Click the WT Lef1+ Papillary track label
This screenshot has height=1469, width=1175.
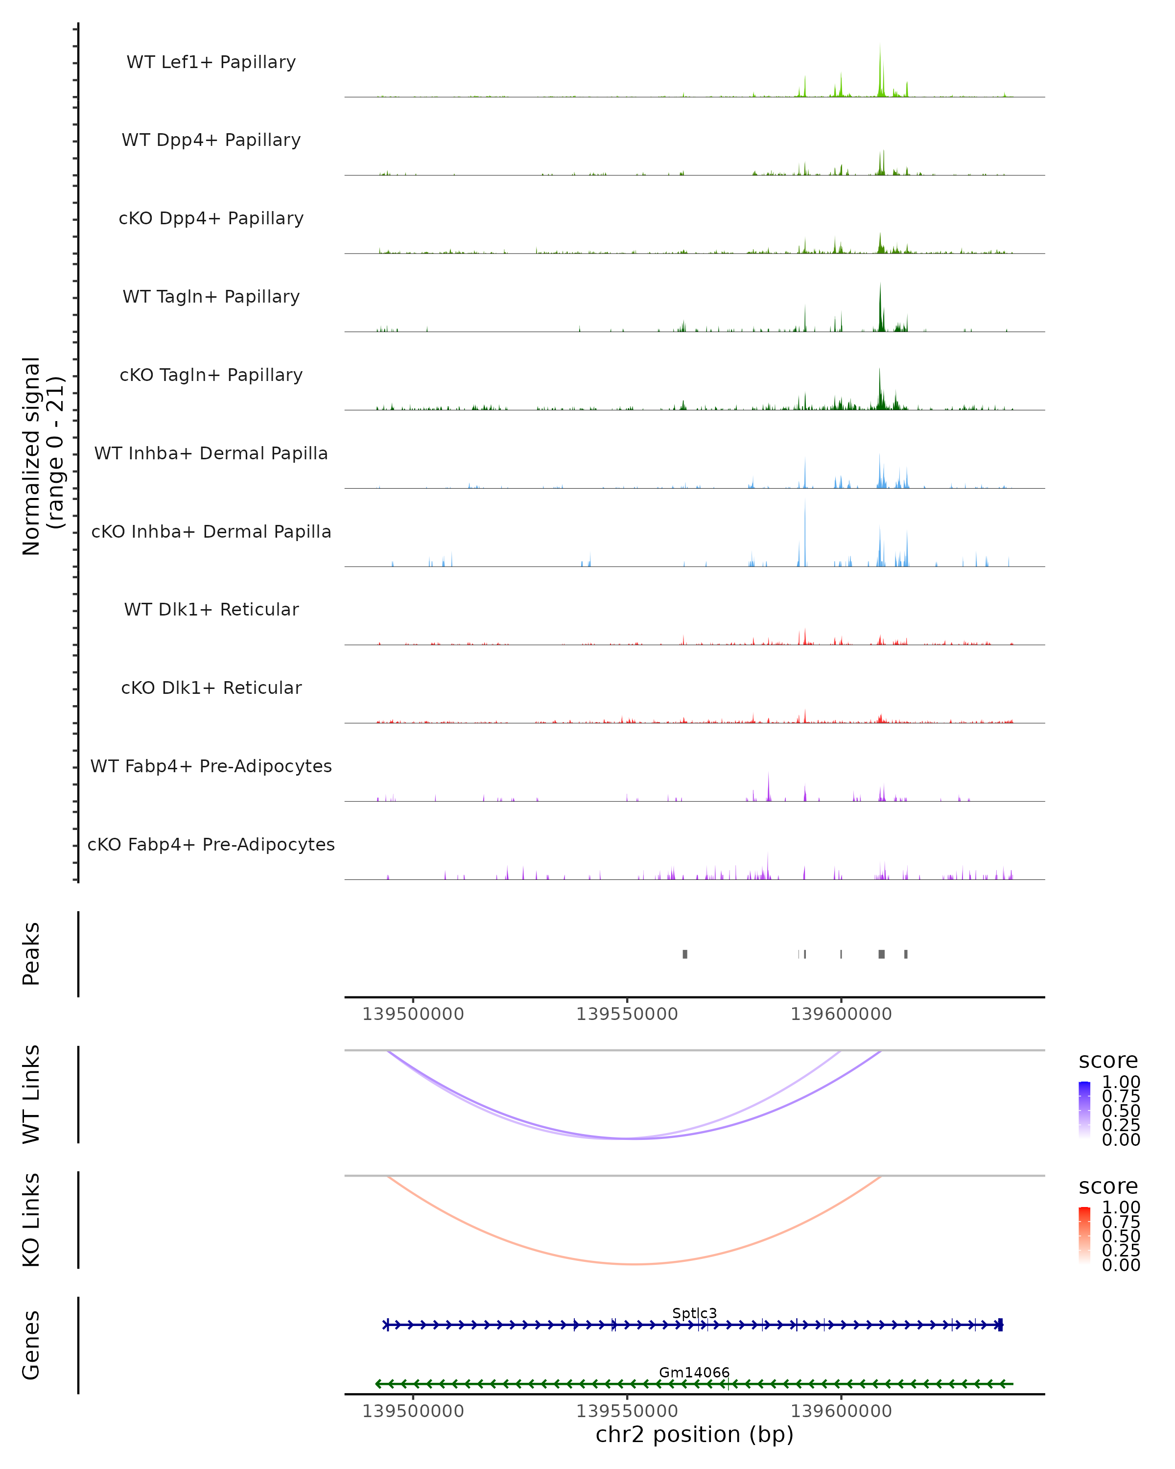tap(211, 62)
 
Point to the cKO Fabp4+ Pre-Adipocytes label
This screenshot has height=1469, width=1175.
tap(211, 844)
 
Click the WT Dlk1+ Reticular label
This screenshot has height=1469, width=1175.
tap(211, 609)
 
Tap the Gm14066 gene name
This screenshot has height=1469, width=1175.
tap(694, 1372)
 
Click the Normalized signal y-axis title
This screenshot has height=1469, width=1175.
tap(42, 456)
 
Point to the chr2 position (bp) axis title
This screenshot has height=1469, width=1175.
tap(694, 1434)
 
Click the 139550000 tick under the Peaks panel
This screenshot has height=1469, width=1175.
tap(627, 1014)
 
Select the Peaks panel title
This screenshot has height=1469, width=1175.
tap(31, 954)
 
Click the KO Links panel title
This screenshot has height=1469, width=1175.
tap(31, 1220)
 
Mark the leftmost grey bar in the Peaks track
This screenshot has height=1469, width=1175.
tap(685, 954)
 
